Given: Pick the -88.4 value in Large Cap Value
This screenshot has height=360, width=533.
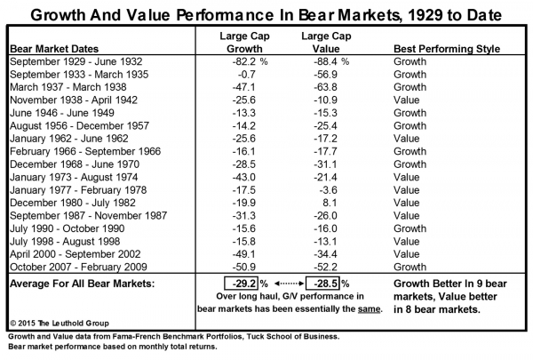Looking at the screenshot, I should pos(328,63).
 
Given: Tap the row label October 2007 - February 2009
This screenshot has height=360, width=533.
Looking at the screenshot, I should pos(76,265).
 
